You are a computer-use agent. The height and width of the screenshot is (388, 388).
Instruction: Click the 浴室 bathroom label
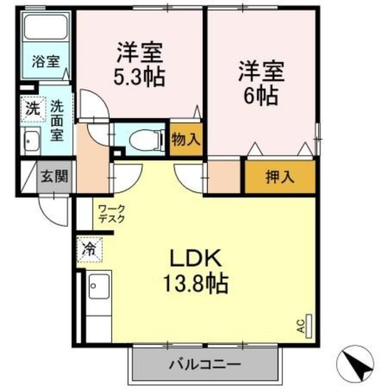coord(46,62)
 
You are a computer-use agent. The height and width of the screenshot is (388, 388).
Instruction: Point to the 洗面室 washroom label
coord(57,120)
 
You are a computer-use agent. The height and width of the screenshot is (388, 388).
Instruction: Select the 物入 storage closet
coord(186,140)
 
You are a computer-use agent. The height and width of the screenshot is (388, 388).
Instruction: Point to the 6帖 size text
coord(260,97)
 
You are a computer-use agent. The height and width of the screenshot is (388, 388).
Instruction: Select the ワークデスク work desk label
coord(111,214)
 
